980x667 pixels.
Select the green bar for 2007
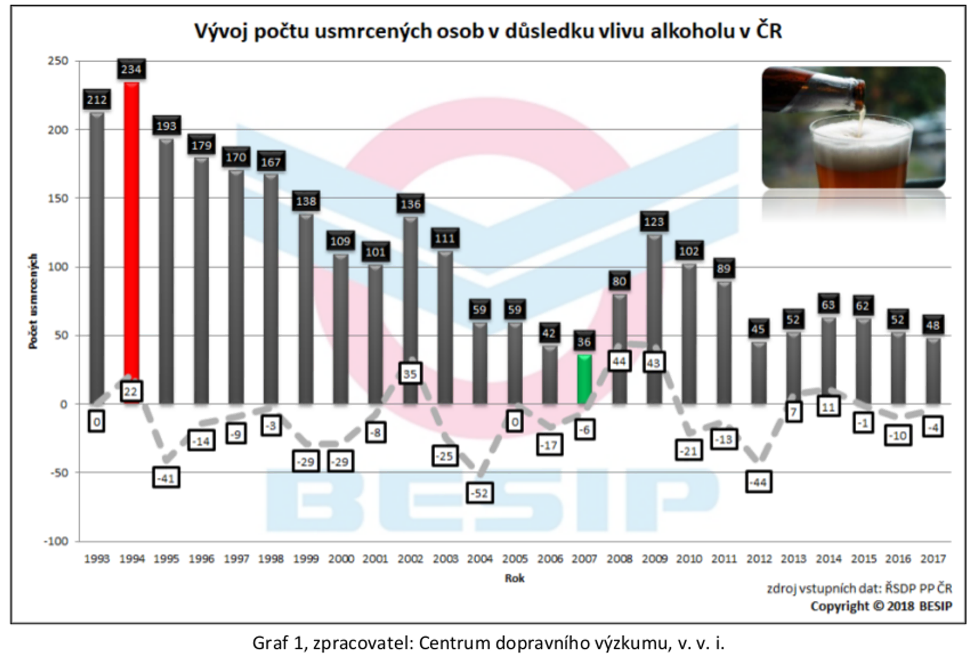point(584,380)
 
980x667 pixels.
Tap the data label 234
point(131,69)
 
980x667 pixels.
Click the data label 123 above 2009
point(654,221)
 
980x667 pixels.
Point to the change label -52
point(480,493)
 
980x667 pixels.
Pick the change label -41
point(166,478)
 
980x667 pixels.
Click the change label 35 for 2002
point(410,374)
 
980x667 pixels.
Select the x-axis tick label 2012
point(759,559)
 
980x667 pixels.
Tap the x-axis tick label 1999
point(306,559)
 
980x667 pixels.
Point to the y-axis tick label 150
point(58,198)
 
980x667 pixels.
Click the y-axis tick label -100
point(56,541)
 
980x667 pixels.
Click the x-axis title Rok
point(514,578)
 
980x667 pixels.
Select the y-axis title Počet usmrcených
point(33,302)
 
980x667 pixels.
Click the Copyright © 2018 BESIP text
point(881,606)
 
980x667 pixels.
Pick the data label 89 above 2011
point(724,268)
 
